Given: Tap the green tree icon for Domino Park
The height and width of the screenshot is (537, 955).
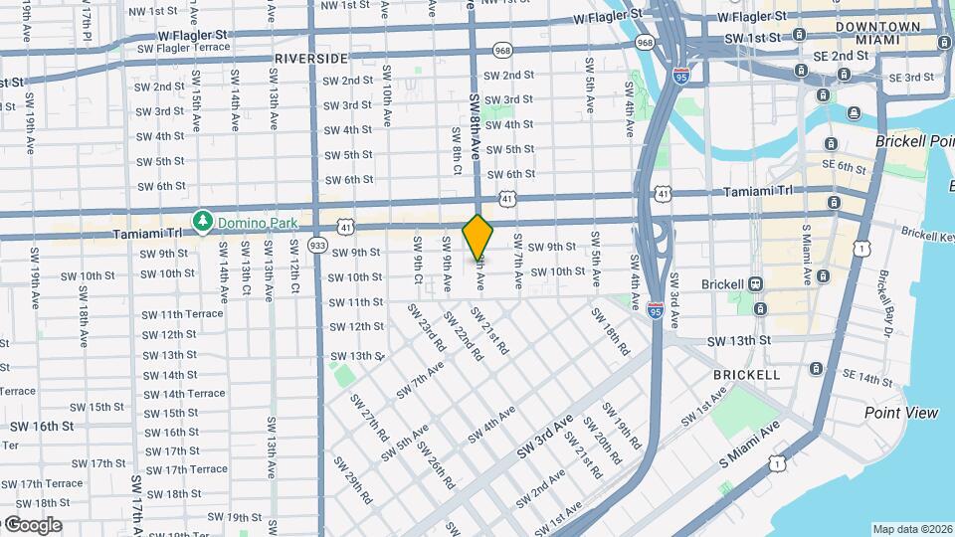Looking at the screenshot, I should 204,219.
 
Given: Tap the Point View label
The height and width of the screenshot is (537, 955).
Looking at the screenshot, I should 901,413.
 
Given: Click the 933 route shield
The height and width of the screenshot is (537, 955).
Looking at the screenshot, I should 317,245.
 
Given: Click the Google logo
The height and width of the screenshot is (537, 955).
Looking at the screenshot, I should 32,524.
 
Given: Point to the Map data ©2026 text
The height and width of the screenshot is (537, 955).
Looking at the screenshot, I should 912,529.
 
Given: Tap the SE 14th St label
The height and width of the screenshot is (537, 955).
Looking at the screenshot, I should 866,379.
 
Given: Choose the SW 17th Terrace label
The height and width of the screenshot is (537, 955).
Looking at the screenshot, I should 186,469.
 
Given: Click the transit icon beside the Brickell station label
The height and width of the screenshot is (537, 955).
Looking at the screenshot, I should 755,283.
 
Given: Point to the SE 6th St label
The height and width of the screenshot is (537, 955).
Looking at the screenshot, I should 845,168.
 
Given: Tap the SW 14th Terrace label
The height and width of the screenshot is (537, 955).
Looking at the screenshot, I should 184,394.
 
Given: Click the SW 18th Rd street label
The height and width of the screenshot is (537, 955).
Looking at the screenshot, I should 610,331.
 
